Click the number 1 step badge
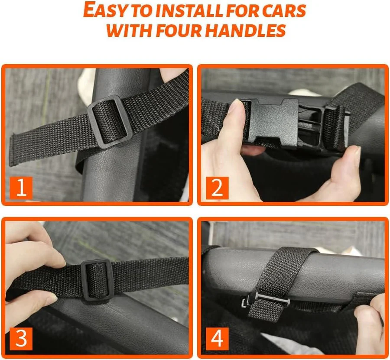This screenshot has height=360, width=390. [x=21, y=188]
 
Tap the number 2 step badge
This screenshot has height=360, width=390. [x=217, y=188]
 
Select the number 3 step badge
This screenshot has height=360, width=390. [x=21, y=339]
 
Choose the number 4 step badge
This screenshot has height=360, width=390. [x=217, y=339]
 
